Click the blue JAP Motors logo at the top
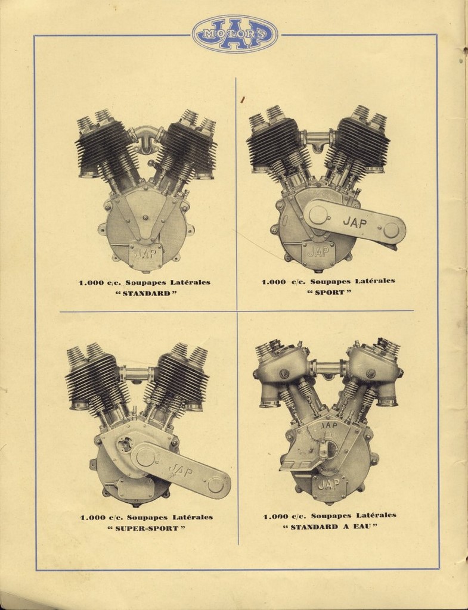tap(235, 34)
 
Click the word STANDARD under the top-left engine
tap(147, 293)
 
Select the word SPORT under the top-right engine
tap(330, 292)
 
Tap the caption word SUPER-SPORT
tap(147, 528)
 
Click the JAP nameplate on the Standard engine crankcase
tap(145, 254)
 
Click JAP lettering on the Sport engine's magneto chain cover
tap(355, 223)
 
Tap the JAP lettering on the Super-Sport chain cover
tap(181, 471)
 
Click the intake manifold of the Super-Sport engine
tap(137, 374)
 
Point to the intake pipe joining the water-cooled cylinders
tap(328, 368)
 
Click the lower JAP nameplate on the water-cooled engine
tap(328, 485)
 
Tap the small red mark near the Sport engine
tap(243, 99)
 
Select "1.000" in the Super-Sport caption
tap(92, 518)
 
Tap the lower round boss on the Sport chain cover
tap(391, 231)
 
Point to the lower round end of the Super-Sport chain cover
tap(215, 485)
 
